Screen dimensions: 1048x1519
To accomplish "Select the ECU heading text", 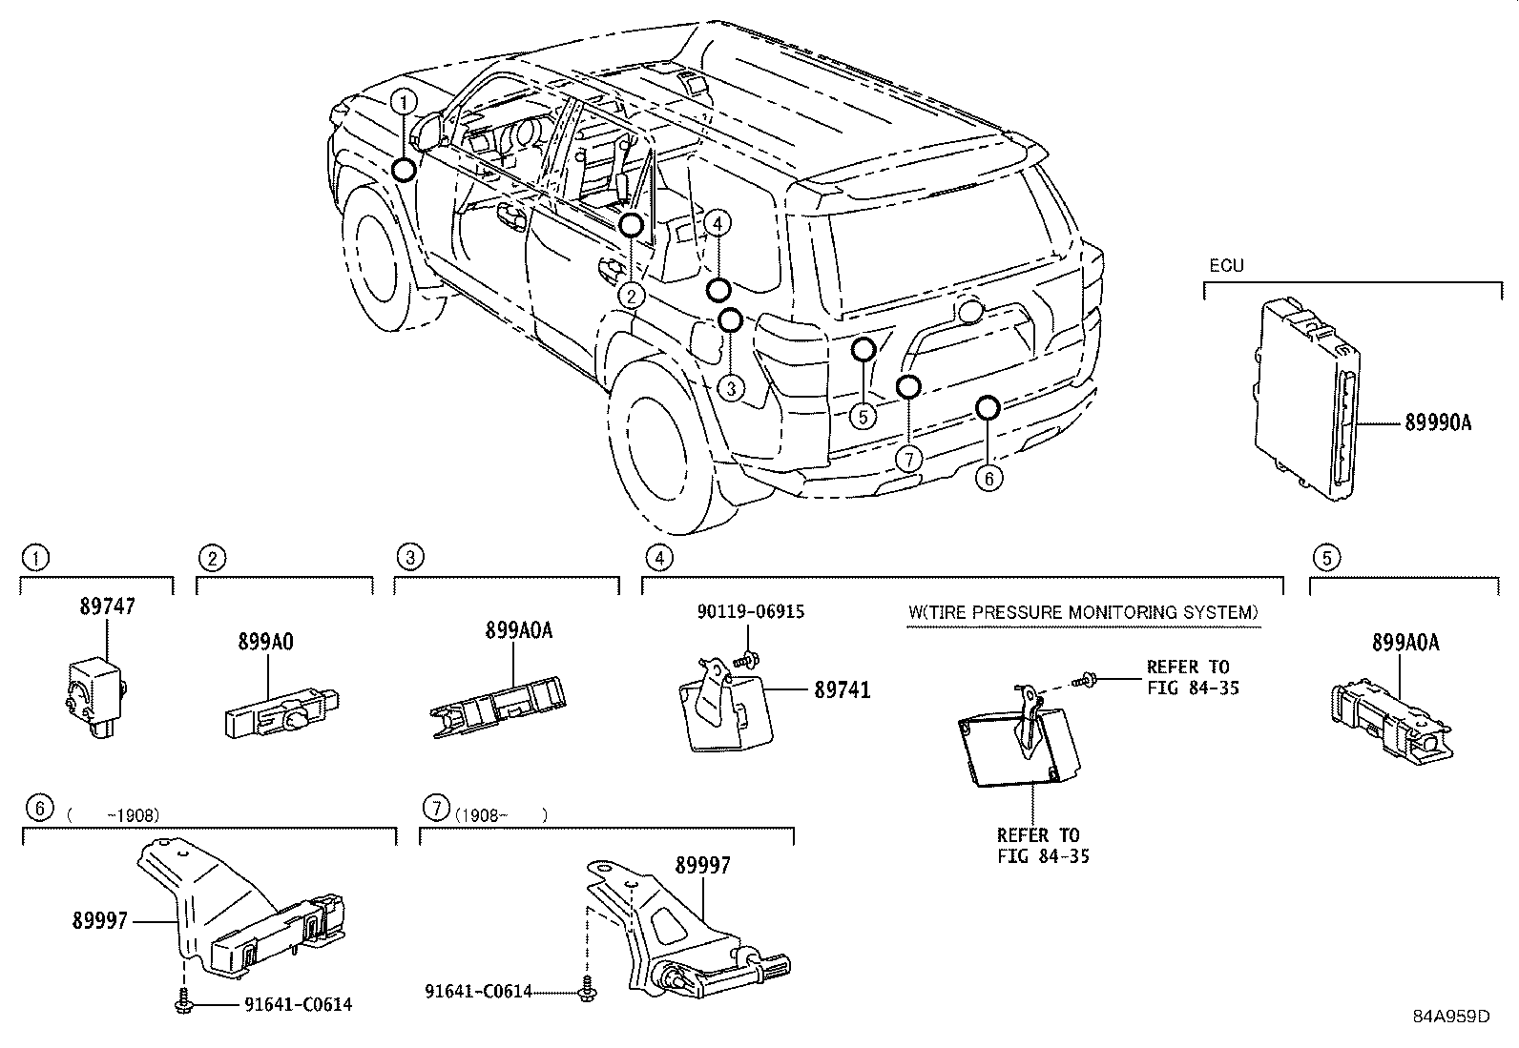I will point(1226,266).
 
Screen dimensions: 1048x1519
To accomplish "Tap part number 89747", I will point(107,606).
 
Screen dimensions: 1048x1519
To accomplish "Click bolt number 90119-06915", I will point(750,611).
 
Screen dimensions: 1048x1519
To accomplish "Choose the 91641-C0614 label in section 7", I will point(478,992).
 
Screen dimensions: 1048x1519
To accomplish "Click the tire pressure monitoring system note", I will point(1082,612).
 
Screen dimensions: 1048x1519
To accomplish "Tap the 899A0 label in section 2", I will point(265,642).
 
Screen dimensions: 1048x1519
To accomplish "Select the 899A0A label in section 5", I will point(1405,643).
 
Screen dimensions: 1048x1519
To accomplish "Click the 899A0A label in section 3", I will point(518,630).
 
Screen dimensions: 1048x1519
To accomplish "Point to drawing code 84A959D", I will point(1450,1016).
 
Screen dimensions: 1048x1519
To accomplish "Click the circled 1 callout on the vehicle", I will point(405,101).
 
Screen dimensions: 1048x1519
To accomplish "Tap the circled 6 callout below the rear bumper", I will point(988,477).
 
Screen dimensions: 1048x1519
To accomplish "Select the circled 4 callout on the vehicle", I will point(718,223).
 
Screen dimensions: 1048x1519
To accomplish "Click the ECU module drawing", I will point(1308,397).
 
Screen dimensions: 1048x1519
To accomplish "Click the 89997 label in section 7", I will point(702,865).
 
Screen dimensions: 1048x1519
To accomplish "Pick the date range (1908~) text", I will point(500,815).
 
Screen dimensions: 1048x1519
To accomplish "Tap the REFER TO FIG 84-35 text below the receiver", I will point(1042,845).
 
